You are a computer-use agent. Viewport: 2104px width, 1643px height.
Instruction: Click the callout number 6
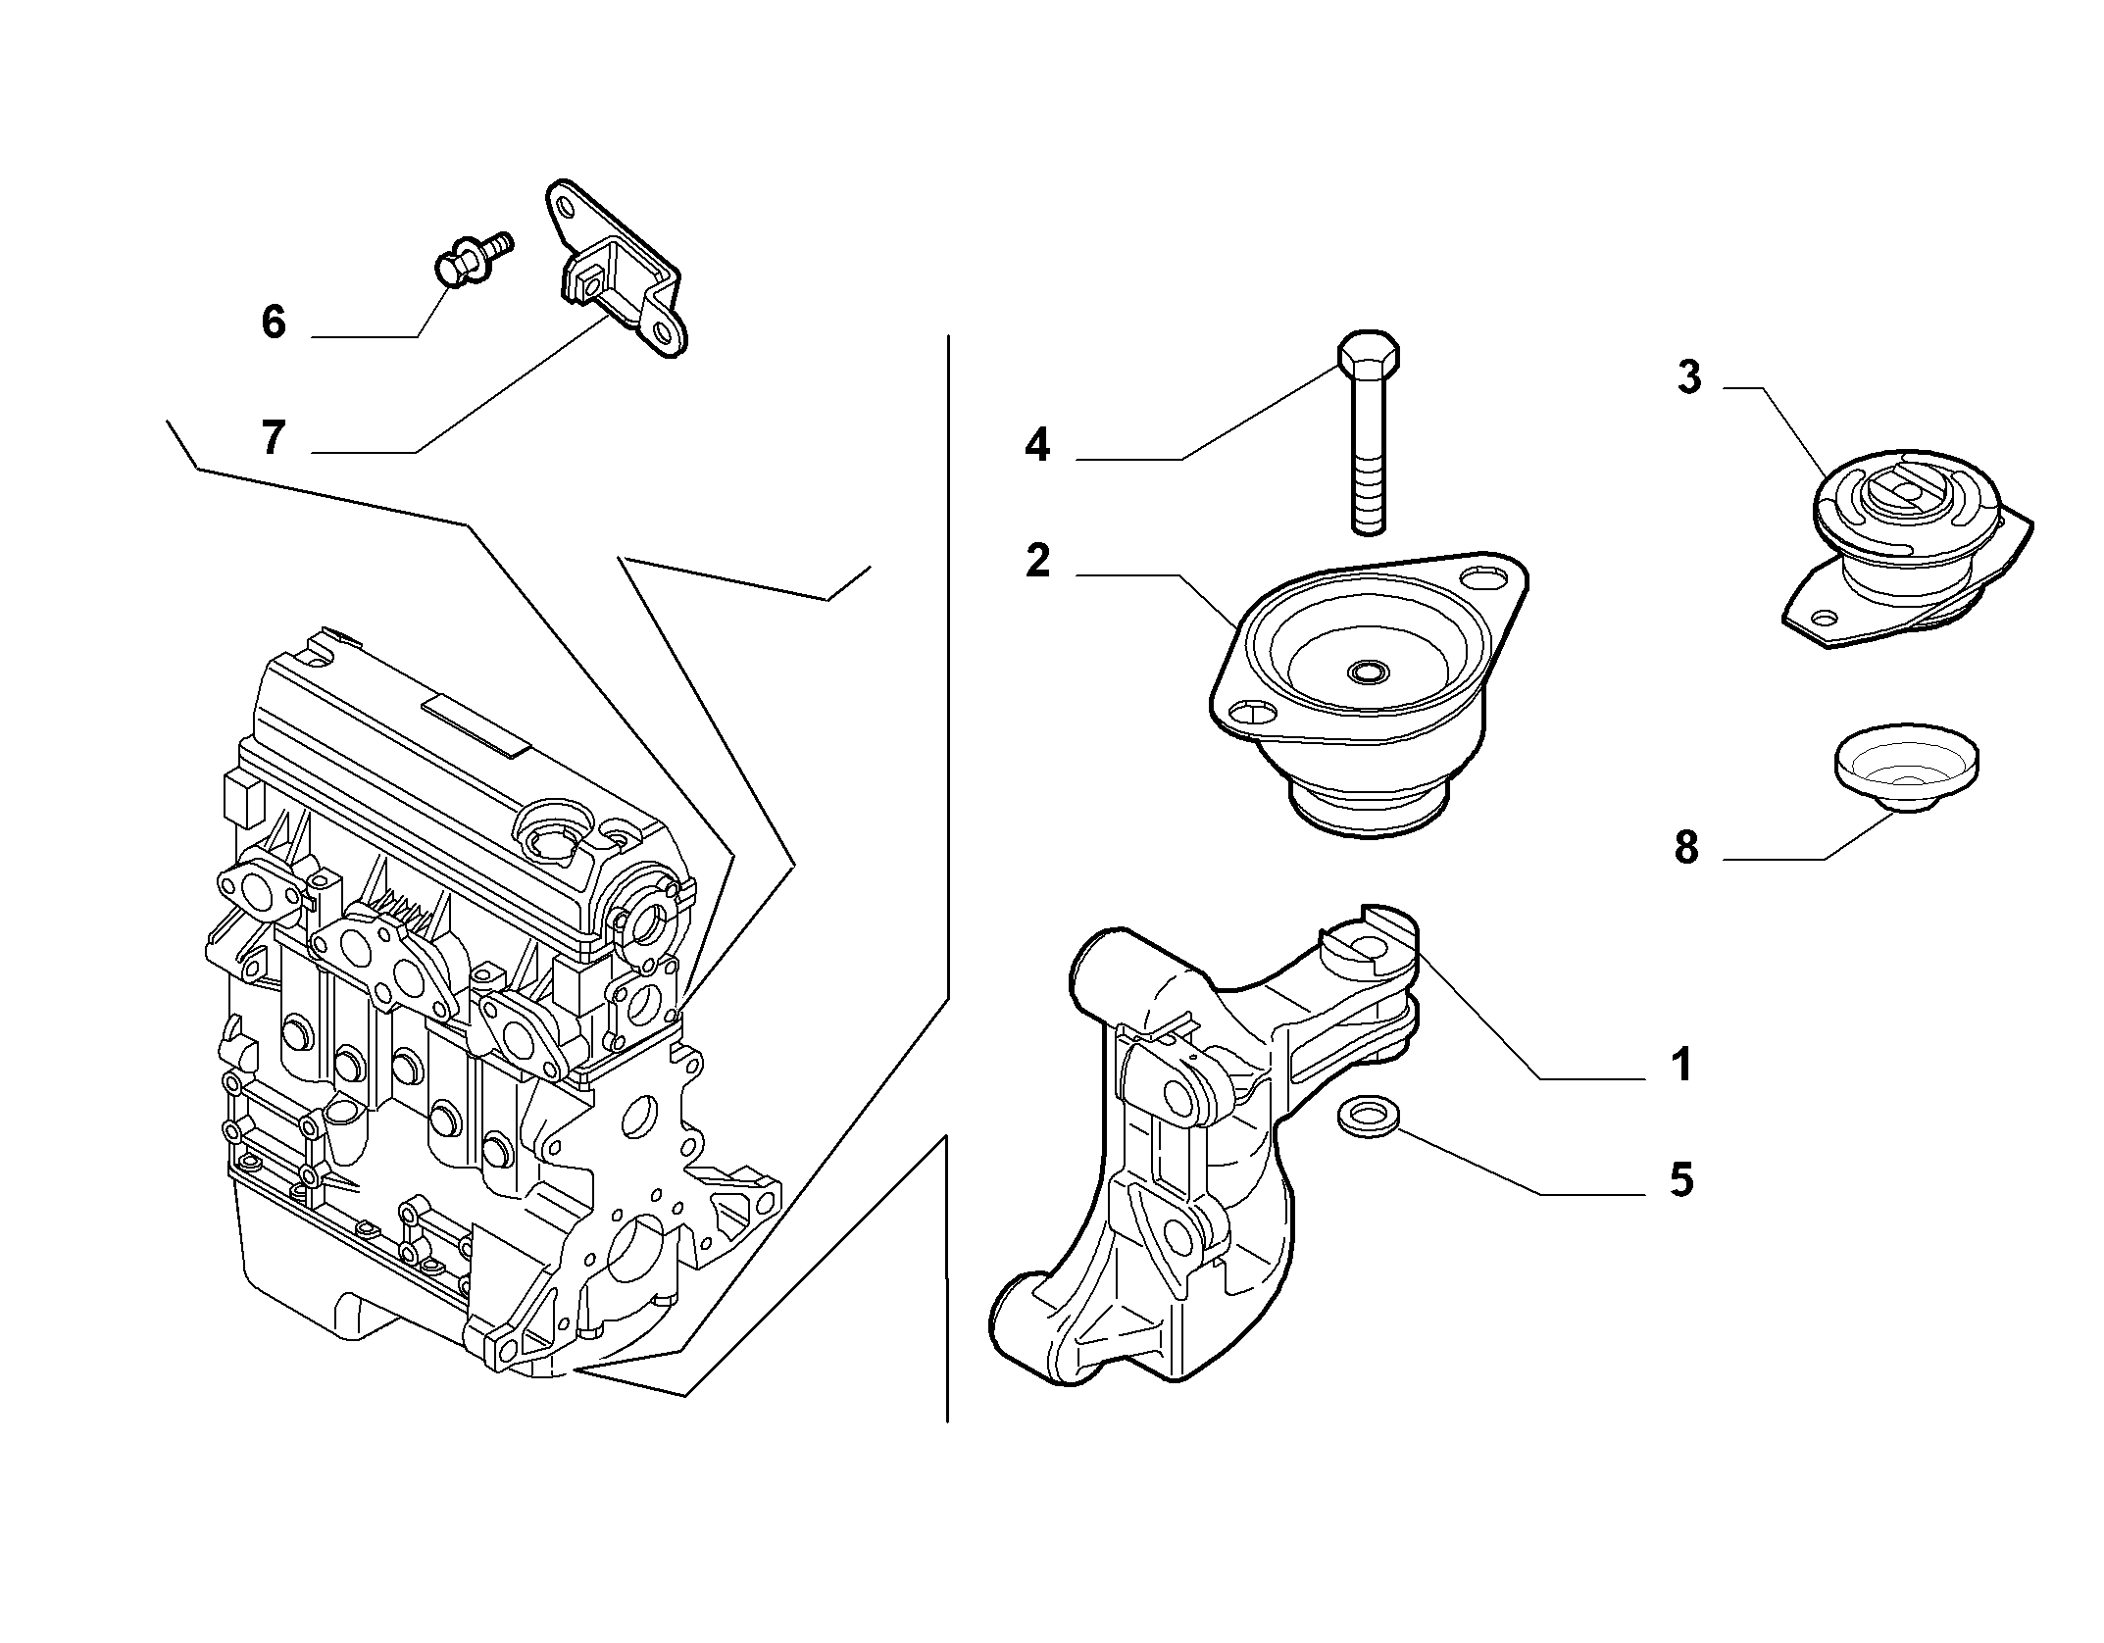point(274,322)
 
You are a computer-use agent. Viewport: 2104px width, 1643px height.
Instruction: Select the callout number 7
point(274,437)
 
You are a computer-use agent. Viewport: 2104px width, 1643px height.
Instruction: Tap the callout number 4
point(1036,446)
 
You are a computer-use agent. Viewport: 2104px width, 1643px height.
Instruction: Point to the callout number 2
point(1037,561)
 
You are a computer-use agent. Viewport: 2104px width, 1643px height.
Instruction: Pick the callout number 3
point(1688,377)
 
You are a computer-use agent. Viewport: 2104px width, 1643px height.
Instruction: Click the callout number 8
point(1686,848)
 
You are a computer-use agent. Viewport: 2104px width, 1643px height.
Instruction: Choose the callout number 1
point(1682,1065)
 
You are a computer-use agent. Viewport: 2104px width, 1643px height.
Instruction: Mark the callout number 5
point(1682,1179)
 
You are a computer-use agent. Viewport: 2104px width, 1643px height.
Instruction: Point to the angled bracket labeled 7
point(615,267)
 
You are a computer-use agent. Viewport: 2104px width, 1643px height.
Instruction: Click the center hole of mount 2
point(1369,672)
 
